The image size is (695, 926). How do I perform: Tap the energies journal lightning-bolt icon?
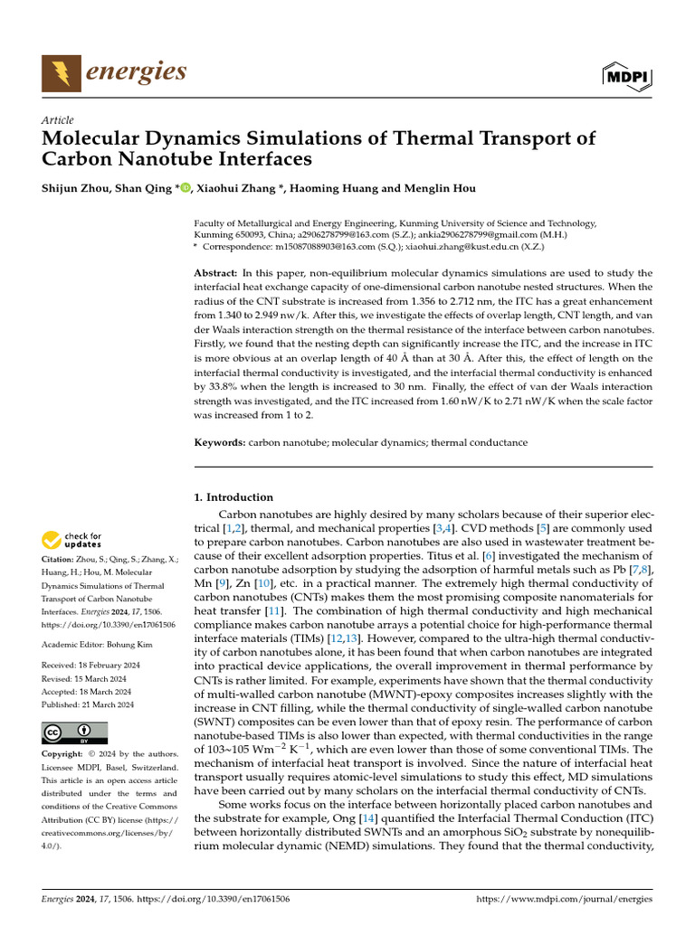(61, 73)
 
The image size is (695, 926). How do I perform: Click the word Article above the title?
(57, 120)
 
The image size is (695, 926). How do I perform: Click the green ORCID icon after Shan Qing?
(186, 188)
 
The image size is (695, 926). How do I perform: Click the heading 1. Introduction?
(234, 497)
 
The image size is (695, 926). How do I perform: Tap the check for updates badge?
(73, 541)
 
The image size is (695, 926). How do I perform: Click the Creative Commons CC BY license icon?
(74, 732)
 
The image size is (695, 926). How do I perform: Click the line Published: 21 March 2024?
(89, 704)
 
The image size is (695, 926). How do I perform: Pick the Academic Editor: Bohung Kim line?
(100, 643)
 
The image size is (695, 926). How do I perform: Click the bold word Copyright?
(68, 754)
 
